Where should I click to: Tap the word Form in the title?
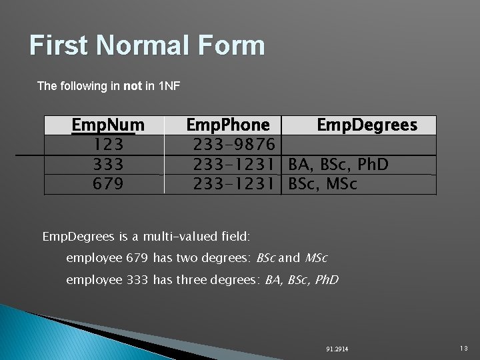pos(229,45)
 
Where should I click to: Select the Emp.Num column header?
pos(108,125)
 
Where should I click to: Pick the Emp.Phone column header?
pos(228,125)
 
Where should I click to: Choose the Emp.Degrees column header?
pos(367,125)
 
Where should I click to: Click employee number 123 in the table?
pos(108,145)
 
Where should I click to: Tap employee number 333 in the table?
pos(108,164)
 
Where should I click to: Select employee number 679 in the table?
pos(108,183)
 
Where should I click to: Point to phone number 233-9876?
pos(234,145)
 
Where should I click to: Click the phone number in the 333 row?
pos(234,164)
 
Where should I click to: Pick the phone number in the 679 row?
pos(234,183)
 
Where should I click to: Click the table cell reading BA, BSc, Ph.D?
pos(338,164)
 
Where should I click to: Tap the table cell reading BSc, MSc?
pos(323,183)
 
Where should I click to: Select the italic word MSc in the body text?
pos(316,258)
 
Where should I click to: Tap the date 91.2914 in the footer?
pos(337,349)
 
